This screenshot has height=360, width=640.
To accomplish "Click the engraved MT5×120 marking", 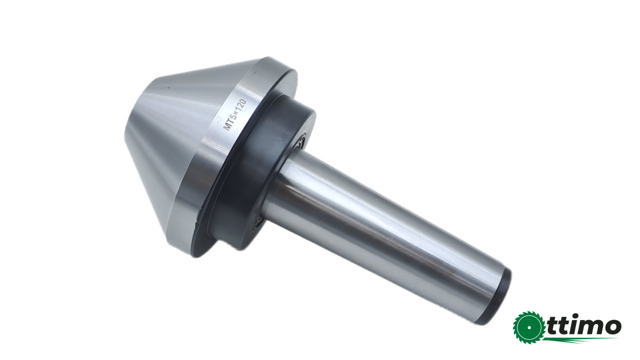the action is tap(234, 115).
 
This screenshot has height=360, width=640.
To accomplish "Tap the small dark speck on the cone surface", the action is tap(168, 87).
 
